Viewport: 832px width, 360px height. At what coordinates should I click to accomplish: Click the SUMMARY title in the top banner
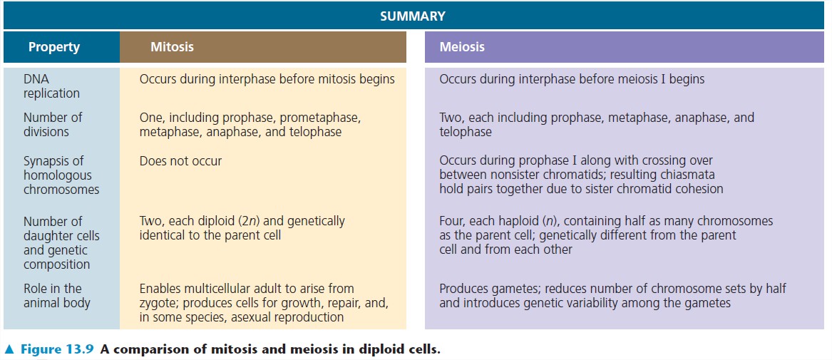click(412, 15)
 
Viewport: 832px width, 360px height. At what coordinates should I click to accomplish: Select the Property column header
click(53, 48)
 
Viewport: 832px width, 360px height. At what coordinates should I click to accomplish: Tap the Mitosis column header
click(172, 48)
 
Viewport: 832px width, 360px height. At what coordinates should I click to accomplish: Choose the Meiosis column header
click(461, 48)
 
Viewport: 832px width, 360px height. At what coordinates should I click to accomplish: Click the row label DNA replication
click(51, 86)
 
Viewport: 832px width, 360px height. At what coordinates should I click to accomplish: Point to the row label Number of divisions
click(52, 125)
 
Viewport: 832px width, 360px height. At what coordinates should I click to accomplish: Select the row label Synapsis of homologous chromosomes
click(61, 175)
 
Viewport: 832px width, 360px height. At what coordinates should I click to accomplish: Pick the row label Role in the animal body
click(56, 295)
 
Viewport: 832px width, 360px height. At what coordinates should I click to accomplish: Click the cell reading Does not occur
click(180, 161)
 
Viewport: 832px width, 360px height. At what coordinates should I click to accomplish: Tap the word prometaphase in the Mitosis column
click(321, 118)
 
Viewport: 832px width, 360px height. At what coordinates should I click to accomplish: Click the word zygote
click(158, 303)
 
